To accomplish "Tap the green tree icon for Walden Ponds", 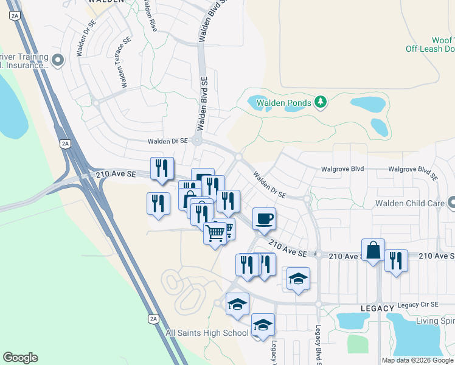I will [x=321, y=102].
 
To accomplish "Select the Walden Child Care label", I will [x=408, y=203].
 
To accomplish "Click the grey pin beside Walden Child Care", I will [x=451, y=203].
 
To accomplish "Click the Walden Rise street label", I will [x=150, y=16].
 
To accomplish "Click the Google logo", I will [x=20, y=358].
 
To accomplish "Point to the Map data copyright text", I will [x=417, y=360].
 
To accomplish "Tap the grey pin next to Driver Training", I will [x=58, y=60].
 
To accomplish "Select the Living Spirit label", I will [x=435, y=321].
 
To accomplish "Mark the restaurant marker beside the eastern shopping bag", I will [x=396, y=260].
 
